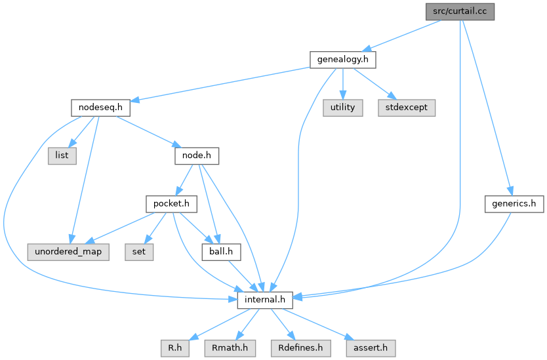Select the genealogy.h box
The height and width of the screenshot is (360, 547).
pos(342,60)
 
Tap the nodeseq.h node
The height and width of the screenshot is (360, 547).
pos(99,108)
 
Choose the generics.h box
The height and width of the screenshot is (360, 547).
pos(515,204)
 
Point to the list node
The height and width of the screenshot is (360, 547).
pos(61,156)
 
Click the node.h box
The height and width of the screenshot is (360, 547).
pos(195,156)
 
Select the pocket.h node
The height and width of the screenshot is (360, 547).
pos(171,204)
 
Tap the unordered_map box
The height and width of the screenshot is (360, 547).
pos(68,252)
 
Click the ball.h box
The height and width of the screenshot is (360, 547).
pos(222,252)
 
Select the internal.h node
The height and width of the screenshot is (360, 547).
pos(264,300)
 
